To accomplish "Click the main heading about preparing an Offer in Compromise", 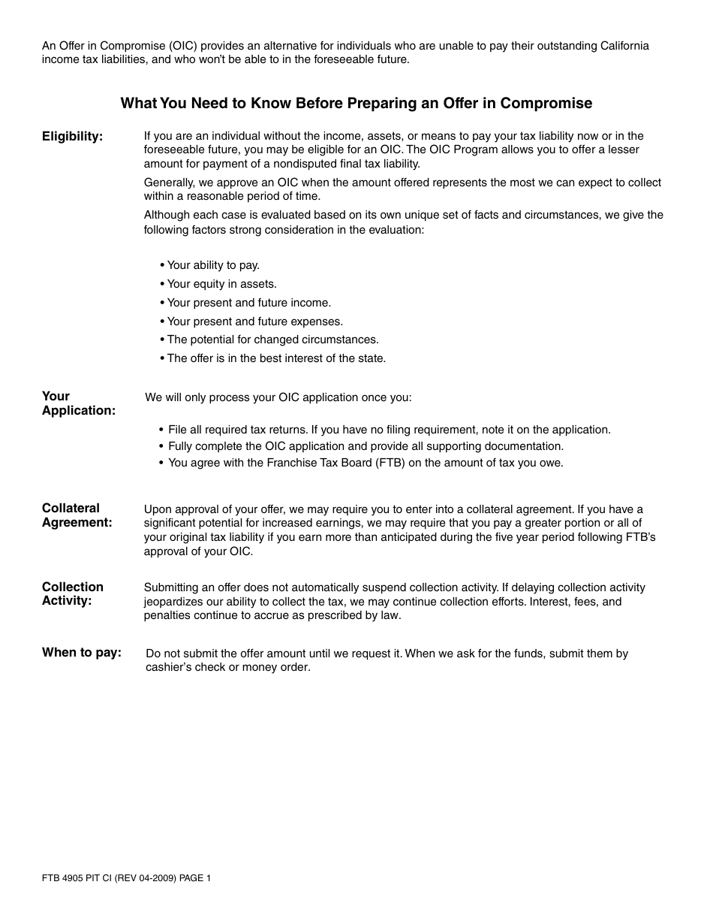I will click(356, 104).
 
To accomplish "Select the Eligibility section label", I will click(72, 137).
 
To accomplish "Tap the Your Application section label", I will click(78, 403).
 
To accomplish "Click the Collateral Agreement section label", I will click(77, 515).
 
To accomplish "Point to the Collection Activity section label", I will click(72, 593).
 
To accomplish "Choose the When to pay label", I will click(81, 653).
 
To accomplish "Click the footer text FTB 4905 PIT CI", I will click(126, 878).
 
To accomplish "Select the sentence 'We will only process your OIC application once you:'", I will click(278, 397).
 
